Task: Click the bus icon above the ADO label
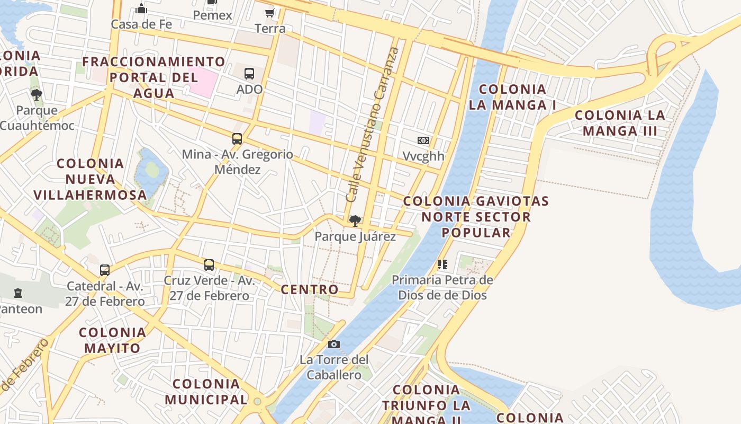pyautogui.click(x=249, y=74)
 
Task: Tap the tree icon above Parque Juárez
pyautogui.click(x=355, y=220)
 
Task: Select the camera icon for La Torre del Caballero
pyautogui.click(x=333, y=344)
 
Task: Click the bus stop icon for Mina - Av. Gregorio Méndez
pyautogui.click(x=237, y=139)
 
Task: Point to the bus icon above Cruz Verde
pyautogui.click(x=209, y=265)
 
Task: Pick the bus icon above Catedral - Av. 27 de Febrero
pyautogui.click(x=105, y=270)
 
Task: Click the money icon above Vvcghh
pyautogui.click(x=423, y=140)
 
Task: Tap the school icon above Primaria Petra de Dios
pyautogui.click(x=442, y=264)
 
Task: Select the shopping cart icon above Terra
pyautogui.click(x=270, y=13)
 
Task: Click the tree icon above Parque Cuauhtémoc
pyautogui.click(x=37, y=95)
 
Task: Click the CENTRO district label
pyautogui.click(x=310, y=289)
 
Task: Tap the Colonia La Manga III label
pyautogui.click(x=620, y=123)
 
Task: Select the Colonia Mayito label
pyautogui.click(x=112, y=340)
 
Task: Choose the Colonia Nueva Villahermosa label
pyautogui.click(x=90, y=179)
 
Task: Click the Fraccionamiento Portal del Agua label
pyautogui.click(x=153, y=77)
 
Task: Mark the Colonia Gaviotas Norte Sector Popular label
pyautogui.click(x=476, y=217)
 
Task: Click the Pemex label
pyautogui.click(x=212, y=15)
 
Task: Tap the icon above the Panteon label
pyautogui.click(x=18, y=293)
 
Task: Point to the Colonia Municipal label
pyautogui.click(x=206, y=391)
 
